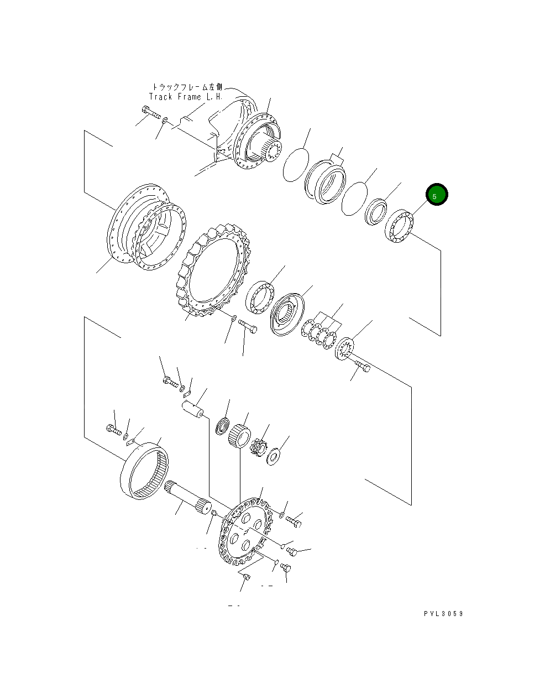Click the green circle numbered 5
tap(436, 195)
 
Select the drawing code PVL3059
tap(443, 613)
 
